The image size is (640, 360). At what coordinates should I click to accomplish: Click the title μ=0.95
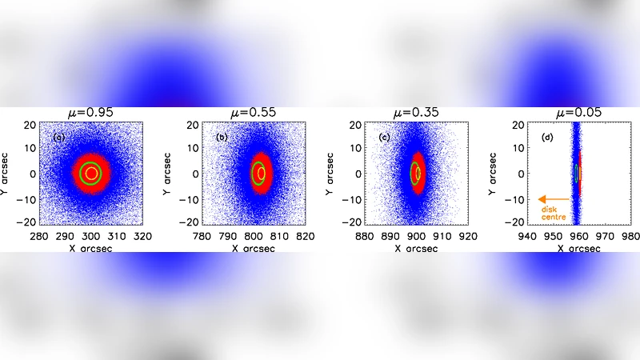(x=90, y=113)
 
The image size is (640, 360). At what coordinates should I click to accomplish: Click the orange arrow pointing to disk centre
(x=553, y=199)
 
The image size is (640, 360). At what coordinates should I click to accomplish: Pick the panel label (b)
(x=221, y=138)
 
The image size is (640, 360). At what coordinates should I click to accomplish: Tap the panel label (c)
(x=383, y=138)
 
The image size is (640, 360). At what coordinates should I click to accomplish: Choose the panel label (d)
(x=546, y=138)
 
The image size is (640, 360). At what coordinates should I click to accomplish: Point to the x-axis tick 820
(x=305, y=237)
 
